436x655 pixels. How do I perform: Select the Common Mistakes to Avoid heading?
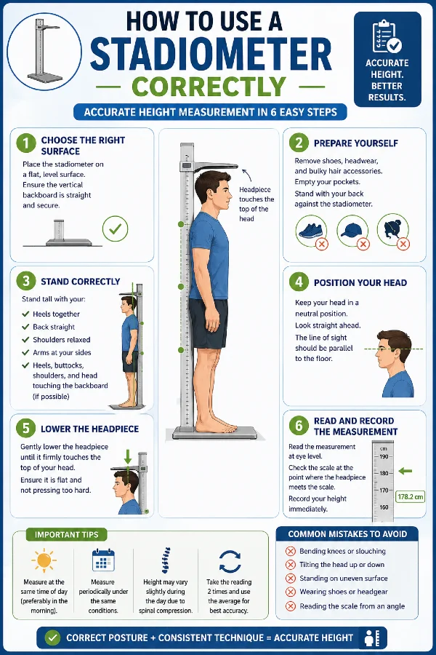(347, 533)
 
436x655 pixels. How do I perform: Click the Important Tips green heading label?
(67, 534)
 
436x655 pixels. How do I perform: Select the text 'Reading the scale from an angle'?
(352, 606)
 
